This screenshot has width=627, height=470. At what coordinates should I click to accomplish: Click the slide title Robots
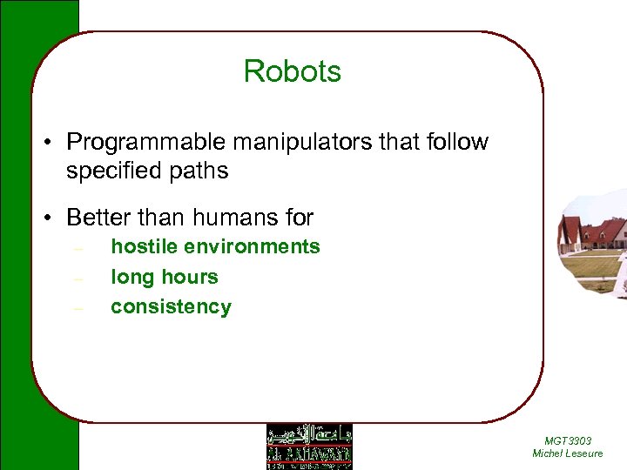click(293, 71)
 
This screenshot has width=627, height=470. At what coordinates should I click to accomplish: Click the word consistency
click(171, 306)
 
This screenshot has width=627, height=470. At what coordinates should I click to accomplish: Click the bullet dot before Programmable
click(54, 143)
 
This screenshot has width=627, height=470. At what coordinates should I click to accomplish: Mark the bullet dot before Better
click(54, 217)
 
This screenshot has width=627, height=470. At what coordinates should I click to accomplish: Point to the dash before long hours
click(78, 279)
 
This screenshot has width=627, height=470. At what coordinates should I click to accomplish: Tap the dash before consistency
click(78, 308)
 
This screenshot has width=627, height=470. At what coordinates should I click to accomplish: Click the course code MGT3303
click(567, 441)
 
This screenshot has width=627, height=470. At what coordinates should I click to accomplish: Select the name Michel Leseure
click(567, 453)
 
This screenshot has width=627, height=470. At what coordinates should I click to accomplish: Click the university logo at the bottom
click(309, 446)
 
